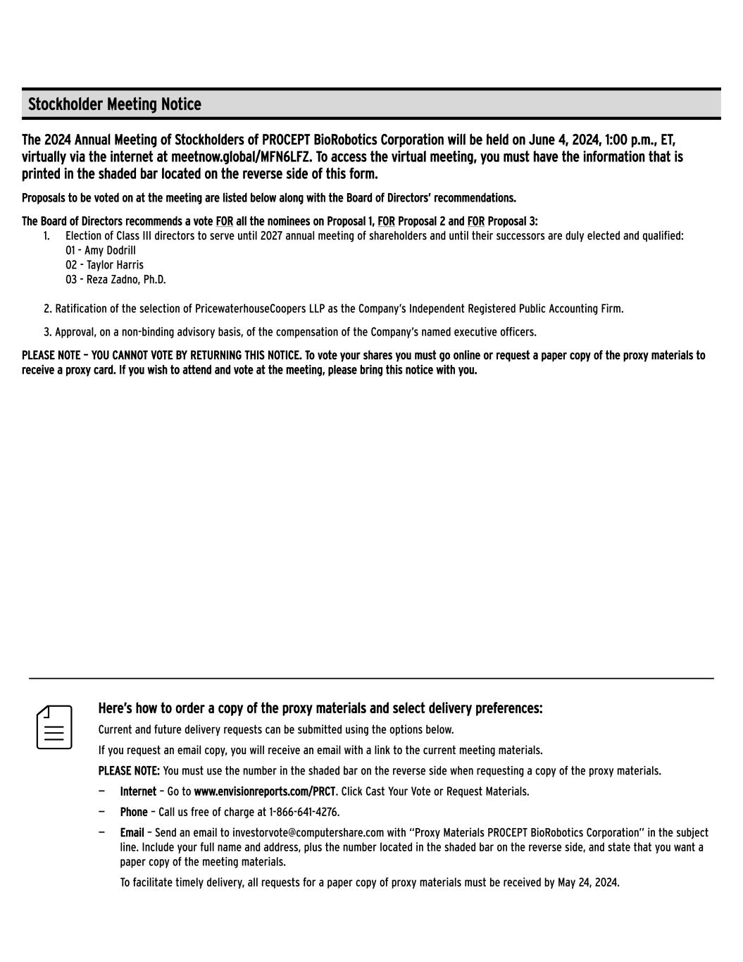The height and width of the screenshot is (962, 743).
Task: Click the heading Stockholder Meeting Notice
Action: [x=114, y=104]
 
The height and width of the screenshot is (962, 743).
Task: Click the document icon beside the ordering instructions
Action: [x=54, y=727]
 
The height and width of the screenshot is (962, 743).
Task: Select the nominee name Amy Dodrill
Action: [x=110, y=250]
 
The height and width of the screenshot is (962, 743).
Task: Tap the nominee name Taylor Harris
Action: [x=115, y=265]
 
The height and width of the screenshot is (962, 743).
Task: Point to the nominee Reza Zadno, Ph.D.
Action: [x=126, y=280]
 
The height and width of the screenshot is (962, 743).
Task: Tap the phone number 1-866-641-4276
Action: [x=304, y=812]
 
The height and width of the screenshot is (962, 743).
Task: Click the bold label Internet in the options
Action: [x=138, y=791]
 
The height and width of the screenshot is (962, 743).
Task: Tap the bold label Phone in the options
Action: [x=134, y=812]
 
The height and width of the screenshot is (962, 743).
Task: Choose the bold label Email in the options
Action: [x=132, y=833]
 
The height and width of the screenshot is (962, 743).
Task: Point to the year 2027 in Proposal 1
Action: [x=271, y=236]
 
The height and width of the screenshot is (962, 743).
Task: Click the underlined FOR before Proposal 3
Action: [x=475, y=221]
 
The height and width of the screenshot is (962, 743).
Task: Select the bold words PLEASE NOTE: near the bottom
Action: [x=129, y=771]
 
